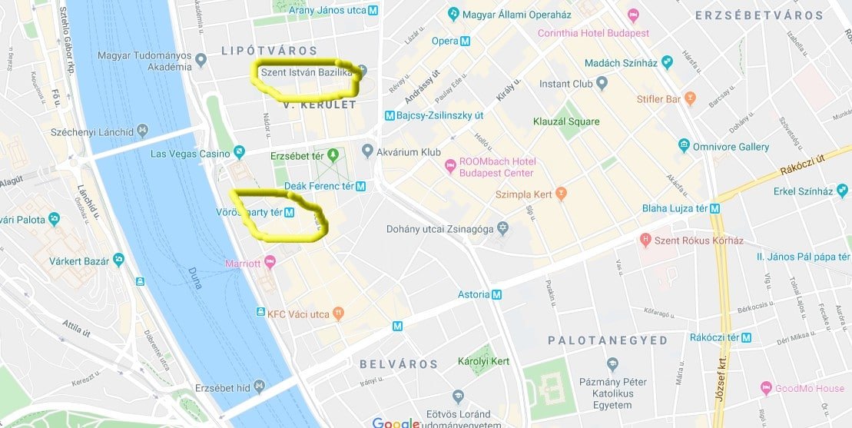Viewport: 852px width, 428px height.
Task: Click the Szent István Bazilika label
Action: pos(307,72)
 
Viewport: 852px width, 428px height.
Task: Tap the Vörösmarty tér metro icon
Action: pos(290,213)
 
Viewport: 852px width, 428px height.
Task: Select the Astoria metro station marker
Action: pos(497,294)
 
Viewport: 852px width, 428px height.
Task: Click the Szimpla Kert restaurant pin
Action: pos(561,194)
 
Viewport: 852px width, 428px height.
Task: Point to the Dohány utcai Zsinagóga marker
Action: pos(502,228)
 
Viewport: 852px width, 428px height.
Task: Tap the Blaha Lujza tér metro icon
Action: pos(715,208)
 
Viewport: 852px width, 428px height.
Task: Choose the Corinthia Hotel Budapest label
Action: pos(593,33)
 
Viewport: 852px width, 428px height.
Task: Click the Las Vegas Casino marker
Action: pos(239,153)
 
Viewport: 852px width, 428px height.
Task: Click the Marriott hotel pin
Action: pos(270,264)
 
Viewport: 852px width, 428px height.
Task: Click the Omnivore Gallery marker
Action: pos(684,146)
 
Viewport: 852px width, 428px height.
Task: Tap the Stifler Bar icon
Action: pos(690,99)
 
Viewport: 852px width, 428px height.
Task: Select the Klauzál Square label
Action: pos(566,121)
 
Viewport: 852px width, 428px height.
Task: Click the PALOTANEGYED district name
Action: pos(608,340)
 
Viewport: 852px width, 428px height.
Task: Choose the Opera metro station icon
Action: pos(466,41)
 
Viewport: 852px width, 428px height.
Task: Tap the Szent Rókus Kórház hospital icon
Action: pos(645,241)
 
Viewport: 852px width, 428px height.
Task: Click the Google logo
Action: pos(395,422)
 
